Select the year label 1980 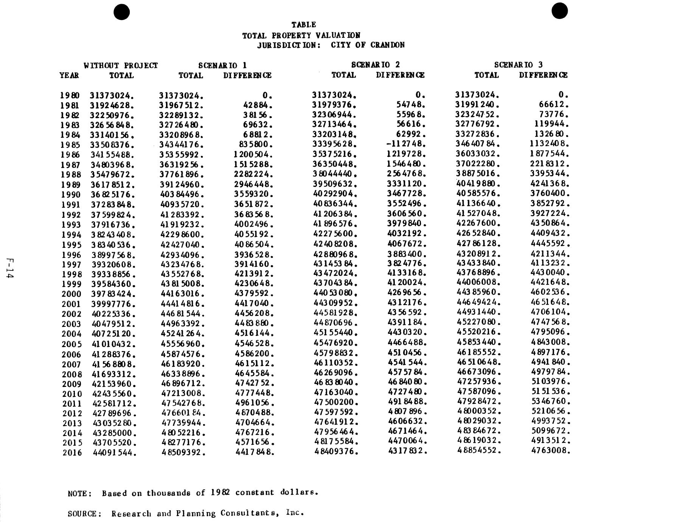pos(70,95)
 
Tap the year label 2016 pos(72,452)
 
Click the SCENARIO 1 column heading pos(222,65)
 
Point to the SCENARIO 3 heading pos(518,65)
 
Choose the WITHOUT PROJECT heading pos(121,65)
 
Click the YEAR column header pos(69,75)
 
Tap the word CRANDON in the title pos(387,45)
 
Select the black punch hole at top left pos(121,12)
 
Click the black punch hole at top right pos(559,11)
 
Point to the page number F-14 pos(10,269)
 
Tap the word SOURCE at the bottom pos(85,514)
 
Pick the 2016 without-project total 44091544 pos(115,452)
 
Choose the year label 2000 pos(71,294)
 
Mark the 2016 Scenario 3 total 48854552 pos(479,451)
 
